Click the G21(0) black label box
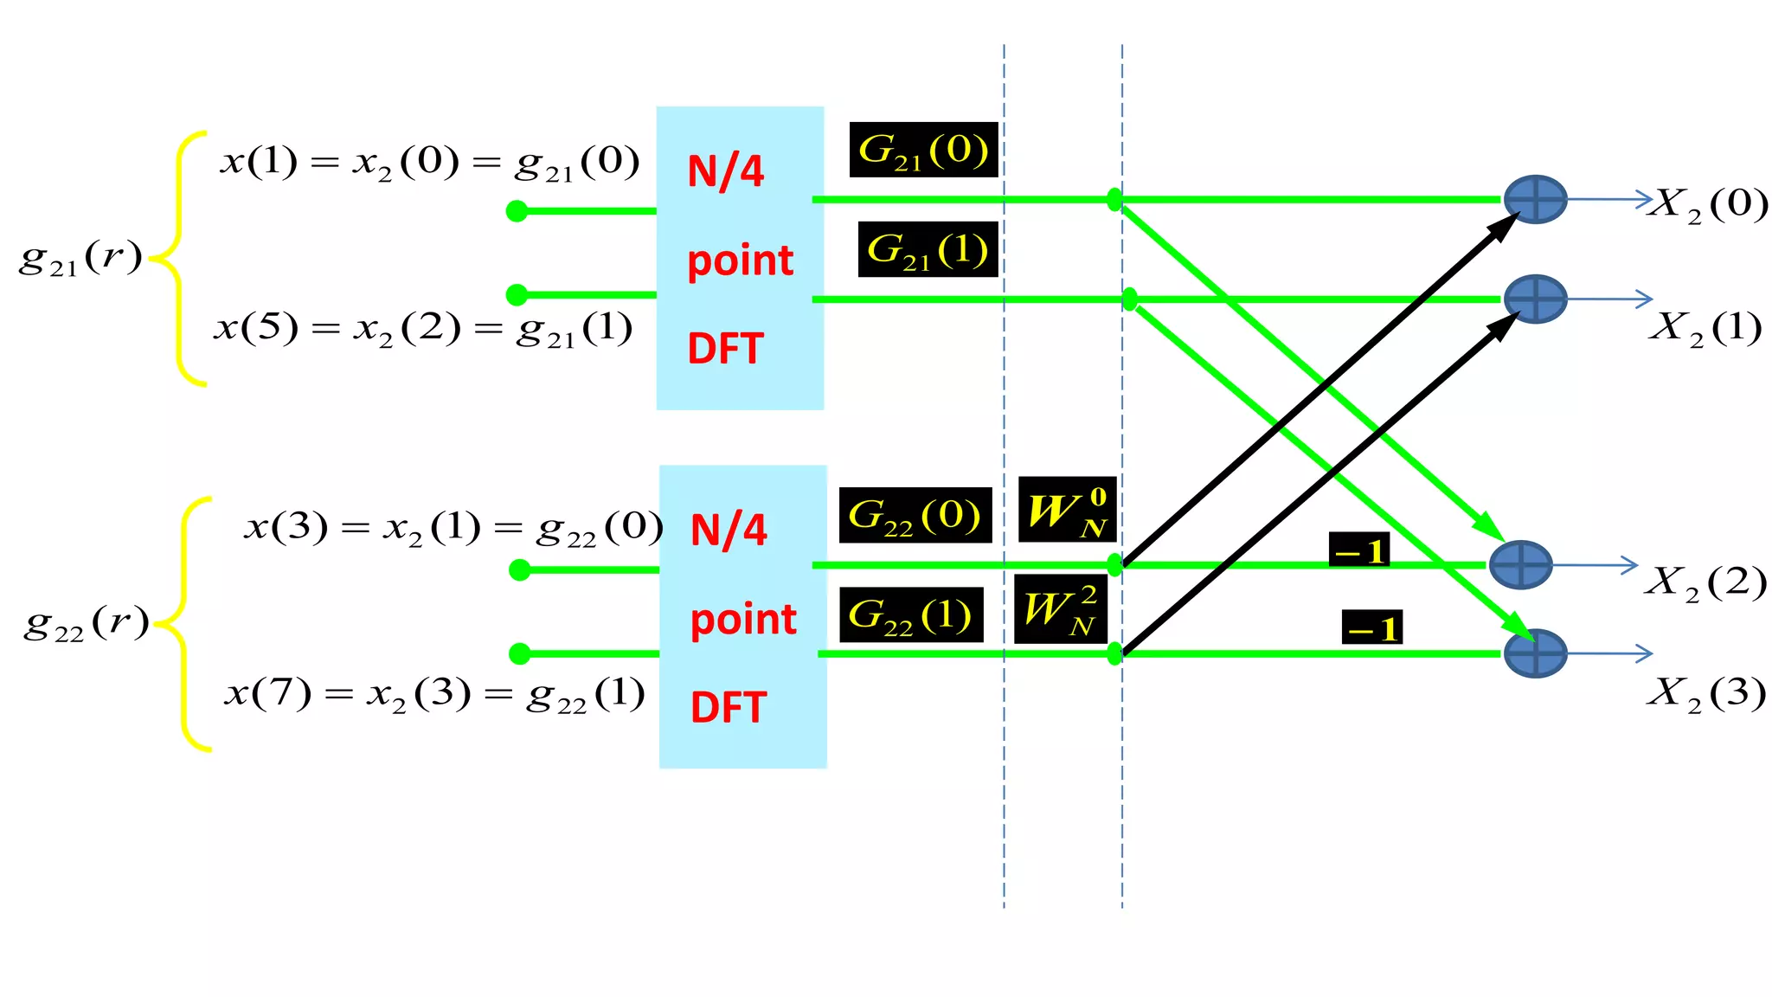click(x=923, y=150)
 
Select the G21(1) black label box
click(x=928, y=249)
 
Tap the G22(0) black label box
click(x=915, y=515)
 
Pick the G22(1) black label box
click(x=911, y=614)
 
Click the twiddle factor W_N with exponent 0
click(x=1067, y=510)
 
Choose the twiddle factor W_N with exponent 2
click(x=1060, y=608)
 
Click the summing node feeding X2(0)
click(x=1535, y=199)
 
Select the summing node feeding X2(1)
click(x=1535, y=299)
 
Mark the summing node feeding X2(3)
click(x=1535, y=653)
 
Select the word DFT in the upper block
click(x=725, y=349)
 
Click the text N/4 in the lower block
click(x=729, y=530)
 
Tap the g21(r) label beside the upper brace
click(x=80, y=258)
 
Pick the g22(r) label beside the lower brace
click(x=87, y=623)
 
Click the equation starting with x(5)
click(x=423, y=329)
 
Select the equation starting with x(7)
click(x=434, y=694)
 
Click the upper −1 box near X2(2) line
click(x=1359, y=550)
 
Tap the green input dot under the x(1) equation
click(x=517, y=210)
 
